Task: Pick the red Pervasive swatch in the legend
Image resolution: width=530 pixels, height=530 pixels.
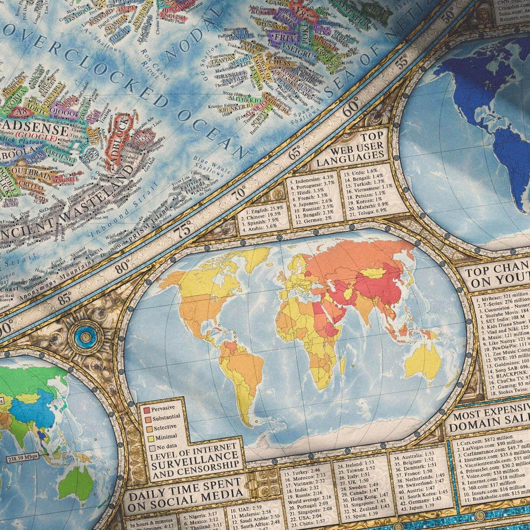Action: click(146, 409)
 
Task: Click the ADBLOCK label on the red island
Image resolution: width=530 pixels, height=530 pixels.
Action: click(117, 140)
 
